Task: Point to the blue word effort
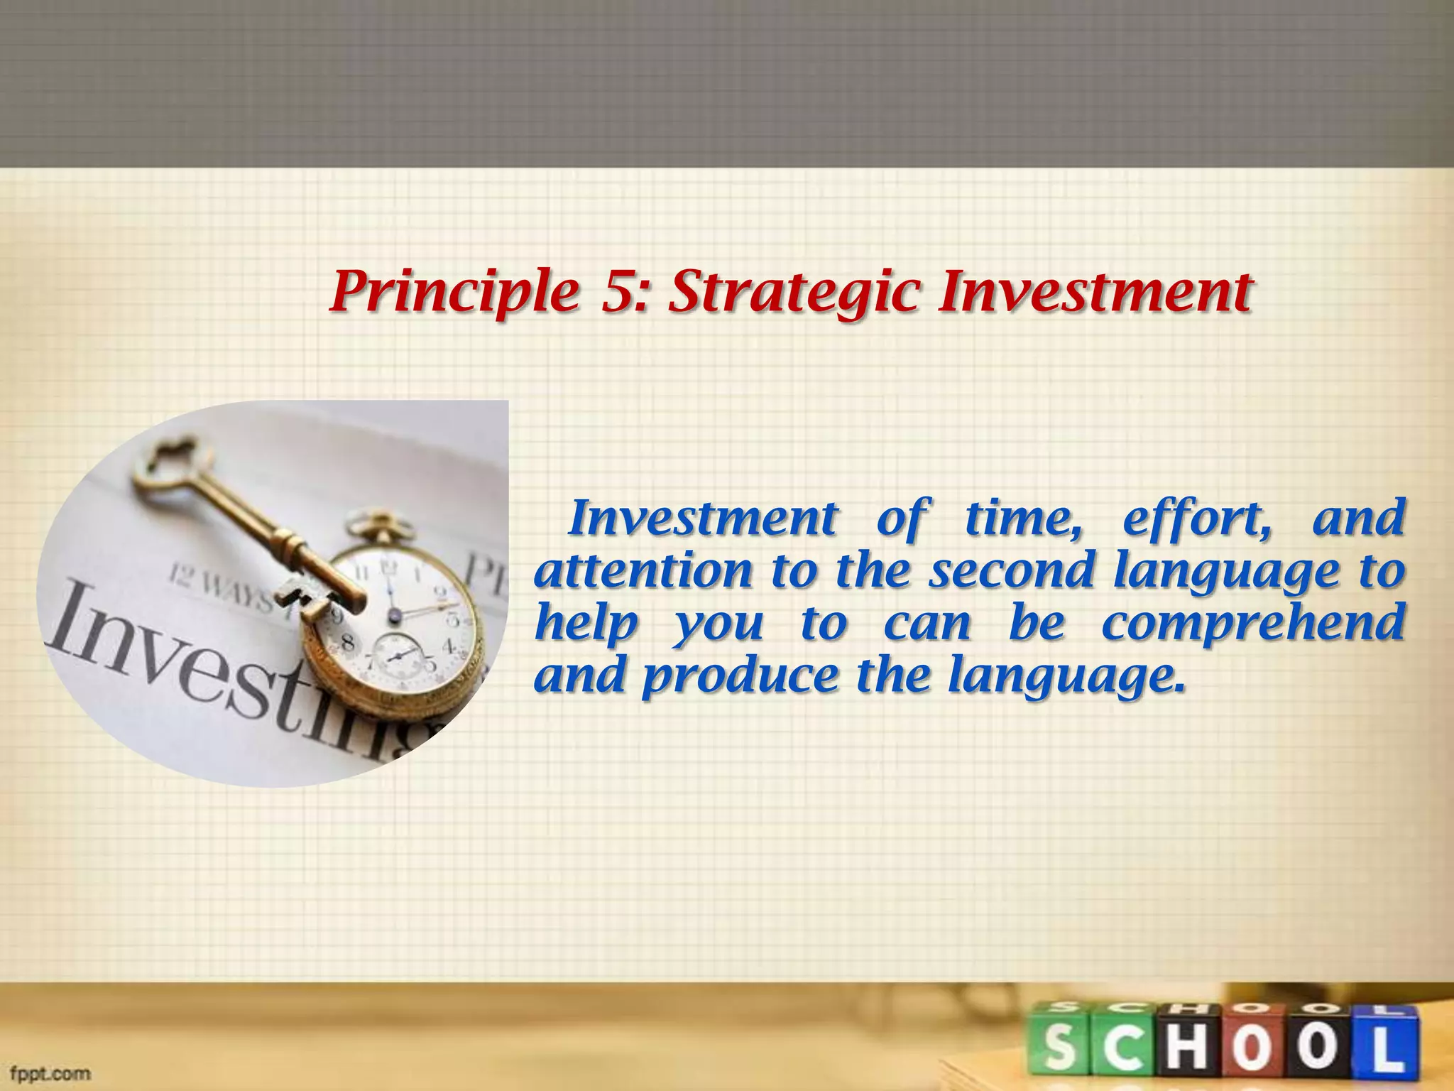pos(1195,519)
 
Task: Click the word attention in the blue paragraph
pos(643,572)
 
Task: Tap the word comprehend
pos(1253,624)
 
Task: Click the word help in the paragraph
pos(586,624)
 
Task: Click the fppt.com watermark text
pos(50,1073)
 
